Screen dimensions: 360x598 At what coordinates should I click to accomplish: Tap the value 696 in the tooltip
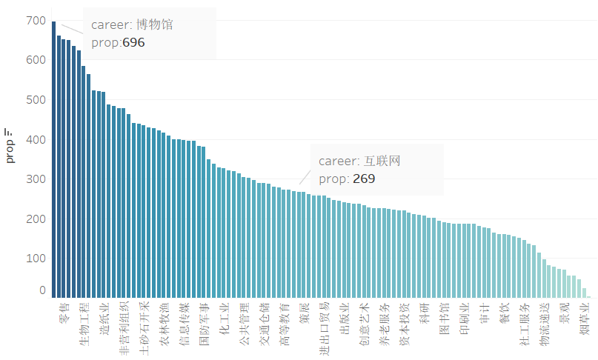click(x=133, y=43)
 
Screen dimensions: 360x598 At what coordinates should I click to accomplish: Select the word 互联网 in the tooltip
click(x=382, y=161)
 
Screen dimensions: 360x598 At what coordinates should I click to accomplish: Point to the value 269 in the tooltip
click(x=364, y=179)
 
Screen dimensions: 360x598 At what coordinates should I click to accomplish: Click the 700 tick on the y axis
click(x=35, y=21)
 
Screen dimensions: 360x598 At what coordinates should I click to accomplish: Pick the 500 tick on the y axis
click(x=35, y=100)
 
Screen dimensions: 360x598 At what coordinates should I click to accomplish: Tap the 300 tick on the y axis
click(x=35, y=179)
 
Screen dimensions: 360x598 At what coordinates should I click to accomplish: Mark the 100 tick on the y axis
click(x=35, y=259)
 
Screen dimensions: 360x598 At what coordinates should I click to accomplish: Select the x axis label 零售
click(x=64, y=313)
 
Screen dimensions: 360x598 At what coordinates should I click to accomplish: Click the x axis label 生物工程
click(x=84, y=323)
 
